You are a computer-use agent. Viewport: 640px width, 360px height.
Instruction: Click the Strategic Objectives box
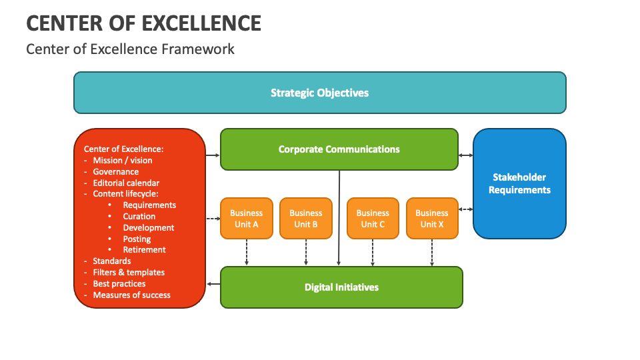(319, 93)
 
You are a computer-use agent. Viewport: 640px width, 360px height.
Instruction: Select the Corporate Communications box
(339, 149)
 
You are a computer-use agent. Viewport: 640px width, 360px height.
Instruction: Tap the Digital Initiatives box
(341, 287)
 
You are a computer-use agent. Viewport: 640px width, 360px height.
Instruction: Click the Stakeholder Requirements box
(519, 183)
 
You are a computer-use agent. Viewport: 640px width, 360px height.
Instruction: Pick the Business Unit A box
(247, 219)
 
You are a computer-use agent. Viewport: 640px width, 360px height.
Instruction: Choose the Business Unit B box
(306, 219)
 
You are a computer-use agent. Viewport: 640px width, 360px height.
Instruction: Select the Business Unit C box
(373, 219)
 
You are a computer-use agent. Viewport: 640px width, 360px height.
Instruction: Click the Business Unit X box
(432, 219)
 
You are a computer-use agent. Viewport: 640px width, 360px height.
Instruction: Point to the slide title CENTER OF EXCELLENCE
(143, 23)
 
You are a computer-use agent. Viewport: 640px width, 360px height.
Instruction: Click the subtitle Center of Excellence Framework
(130, 49)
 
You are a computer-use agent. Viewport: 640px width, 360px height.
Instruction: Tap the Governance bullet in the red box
(115, 171)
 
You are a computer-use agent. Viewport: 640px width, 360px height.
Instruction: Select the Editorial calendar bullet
(126, 183)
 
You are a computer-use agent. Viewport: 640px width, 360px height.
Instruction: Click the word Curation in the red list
(139, 217)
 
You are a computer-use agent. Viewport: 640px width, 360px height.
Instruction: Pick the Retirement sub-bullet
(144, 250)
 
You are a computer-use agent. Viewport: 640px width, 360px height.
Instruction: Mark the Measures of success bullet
(131, 295)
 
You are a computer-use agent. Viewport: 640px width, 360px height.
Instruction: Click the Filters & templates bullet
(129, 272)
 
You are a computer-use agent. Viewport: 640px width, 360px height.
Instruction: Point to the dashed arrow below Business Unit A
(247, 253)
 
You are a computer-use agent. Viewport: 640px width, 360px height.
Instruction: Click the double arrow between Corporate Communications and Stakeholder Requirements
(465, 155)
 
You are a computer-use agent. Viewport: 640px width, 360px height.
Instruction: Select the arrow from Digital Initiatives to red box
(213, 284)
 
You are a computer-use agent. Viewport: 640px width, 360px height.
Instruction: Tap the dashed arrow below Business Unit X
(432, 253)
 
